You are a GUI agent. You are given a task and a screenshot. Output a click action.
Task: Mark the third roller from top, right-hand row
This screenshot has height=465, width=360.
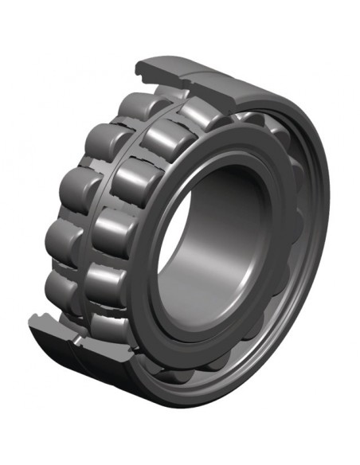point(137,182)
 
